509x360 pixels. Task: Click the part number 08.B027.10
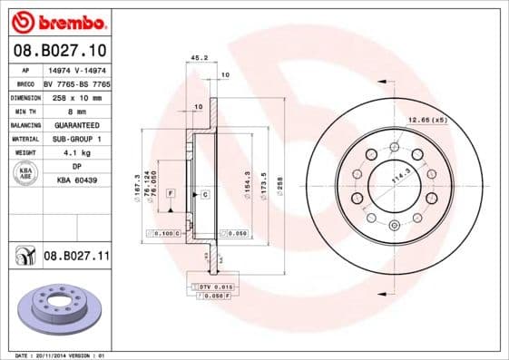59,49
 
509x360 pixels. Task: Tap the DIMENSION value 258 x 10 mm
75,96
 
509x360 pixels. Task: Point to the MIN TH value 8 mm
75,110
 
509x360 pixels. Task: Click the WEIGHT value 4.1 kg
75,152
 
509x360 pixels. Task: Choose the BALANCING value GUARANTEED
75,124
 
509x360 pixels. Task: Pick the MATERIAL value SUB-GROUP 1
75,138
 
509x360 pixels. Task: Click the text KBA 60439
75,180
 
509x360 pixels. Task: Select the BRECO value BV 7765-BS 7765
75,83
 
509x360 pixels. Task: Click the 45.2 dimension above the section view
196,58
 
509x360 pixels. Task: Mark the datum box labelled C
206,195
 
